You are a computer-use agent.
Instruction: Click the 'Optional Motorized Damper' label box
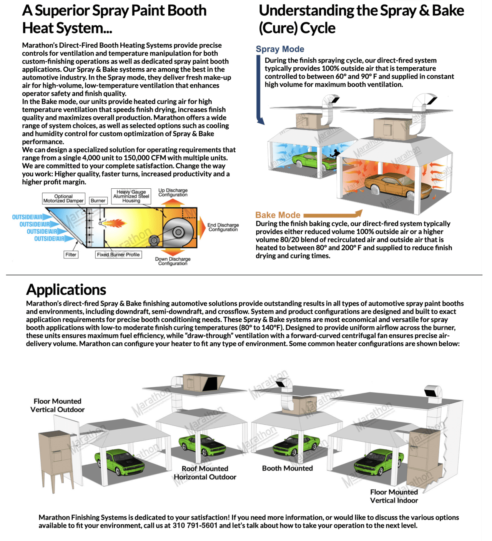63,198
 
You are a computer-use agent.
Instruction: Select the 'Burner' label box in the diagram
98,201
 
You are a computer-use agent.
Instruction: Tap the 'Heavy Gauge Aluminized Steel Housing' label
131,196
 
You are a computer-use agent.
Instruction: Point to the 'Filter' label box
71,255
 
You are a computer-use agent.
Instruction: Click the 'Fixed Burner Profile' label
118,255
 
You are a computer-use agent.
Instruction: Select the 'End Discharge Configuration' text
223,227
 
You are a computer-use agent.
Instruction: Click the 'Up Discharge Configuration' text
173,193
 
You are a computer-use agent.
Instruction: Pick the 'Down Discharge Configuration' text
173,261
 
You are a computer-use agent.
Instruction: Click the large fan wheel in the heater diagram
177,232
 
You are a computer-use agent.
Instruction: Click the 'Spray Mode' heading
280,49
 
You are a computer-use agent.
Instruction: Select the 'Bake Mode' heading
278,215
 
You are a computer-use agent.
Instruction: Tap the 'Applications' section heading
66,290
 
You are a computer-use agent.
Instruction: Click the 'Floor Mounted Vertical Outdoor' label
57,405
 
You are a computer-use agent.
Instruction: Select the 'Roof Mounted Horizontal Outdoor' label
205,473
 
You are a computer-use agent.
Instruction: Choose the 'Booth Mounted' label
287,468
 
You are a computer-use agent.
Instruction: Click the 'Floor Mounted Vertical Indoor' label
394,496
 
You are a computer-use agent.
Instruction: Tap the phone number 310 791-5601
195,526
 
